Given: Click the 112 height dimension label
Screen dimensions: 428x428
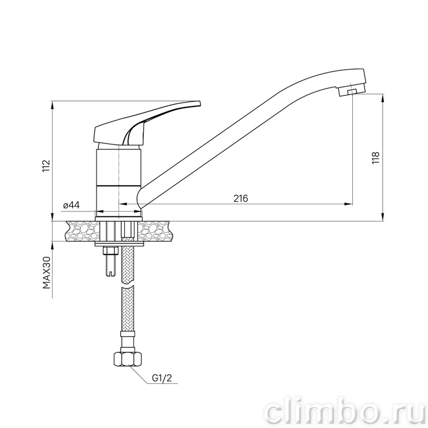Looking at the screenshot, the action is (46, 166).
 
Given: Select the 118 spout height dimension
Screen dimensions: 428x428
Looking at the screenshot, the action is (375, 158).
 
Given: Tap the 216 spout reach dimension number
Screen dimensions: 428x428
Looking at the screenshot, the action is (241, 199).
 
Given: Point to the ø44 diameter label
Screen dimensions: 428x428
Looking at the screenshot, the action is (72, 205).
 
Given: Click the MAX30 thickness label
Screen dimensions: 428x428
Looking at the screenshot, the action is (46, 273).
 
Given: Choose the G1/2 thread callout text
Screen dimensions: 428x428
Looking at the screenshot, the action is (162, 378).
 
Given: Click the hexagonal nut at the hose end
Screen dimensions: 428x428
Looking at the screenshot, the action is (127, 360).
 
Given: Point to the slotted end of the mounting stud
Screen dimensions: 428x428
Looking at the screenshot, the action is (109, 273).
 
